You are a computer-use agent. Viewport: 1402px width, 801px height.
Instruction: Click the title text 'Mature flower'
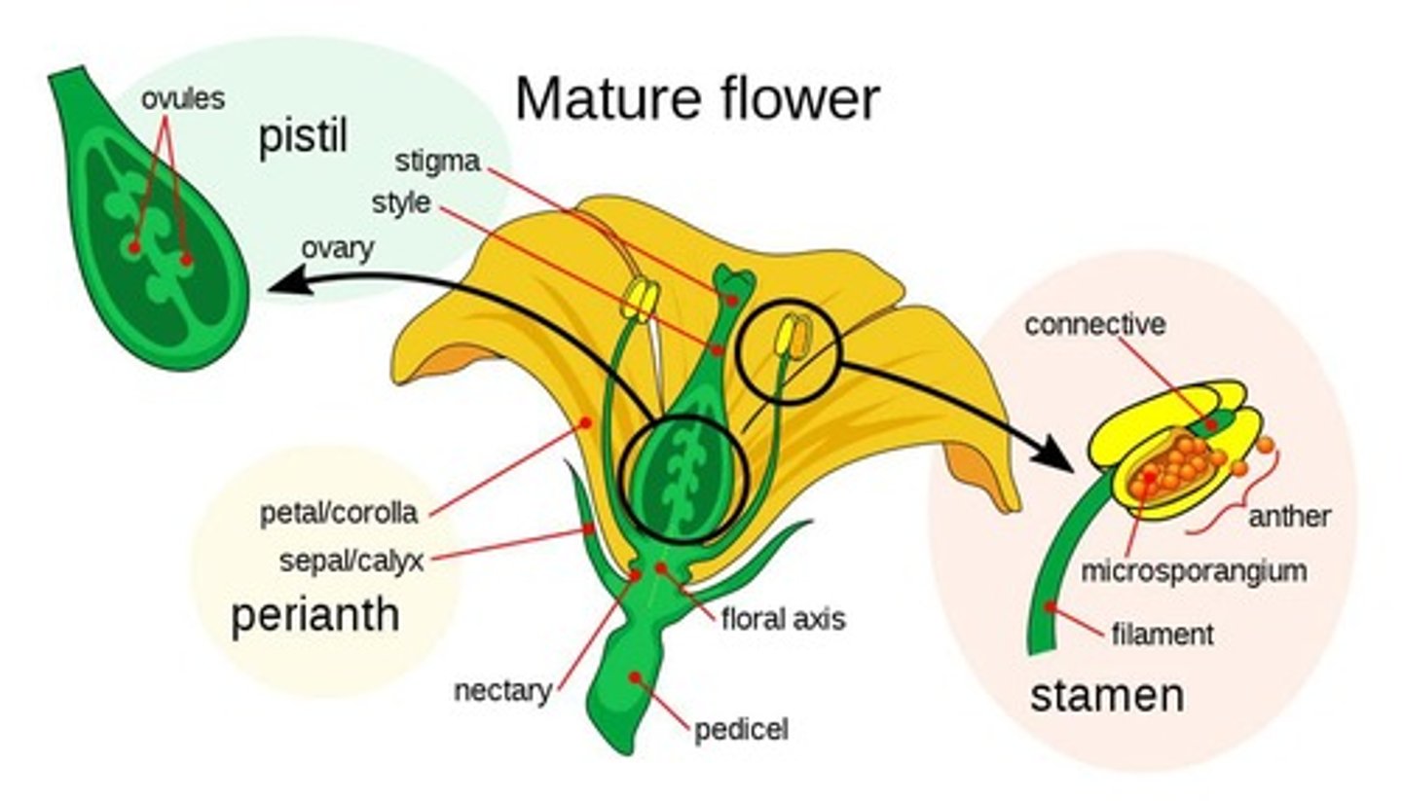point(696,99)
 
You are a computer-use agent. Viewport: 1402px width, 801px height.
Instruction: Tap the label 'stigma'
point(437,161)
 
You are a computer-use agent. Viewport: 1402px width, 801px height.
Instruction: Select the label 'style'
point(400,203)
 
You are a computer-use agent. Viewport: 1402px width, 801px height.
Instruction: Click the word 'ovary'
point(337,248)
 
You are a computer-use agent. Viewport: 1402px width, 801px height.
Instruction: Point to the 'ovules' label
point(182,98)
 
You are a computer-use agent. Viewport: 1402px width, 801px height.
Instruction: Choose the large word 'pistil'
point(302,137)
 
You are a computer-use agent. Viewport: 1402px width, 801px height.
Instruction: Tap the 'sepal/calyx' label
point(351,561)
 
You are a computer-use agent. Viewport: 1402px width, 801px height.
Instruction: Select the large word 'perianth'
point(314,615)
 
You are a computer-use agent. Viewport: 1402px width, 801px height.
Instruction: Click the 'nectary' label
point(502,690)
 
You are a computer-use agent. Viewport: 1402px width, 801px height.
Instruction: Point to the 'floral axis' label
point(783,618)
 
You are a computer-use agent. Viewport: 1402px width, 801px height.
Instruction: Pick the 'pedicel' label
point(741,729)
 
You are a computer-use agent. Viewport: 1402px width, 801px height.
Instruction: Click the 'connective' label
point(1094,324)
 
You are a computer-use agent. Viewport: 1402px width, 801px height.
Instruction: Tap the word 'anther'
point(1289,516)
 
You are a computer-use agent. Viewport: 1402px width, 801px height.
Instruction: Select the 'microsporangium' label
point(1194,570)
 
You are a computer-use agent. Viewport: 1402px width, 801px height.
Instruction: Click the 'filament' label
point(1162,635)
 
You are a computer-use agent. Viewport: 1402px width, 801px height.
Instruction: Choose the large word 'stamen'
point(1107,696)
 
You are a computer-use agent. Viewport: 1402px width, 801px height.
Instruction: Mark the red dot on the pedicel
point(635,676)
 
